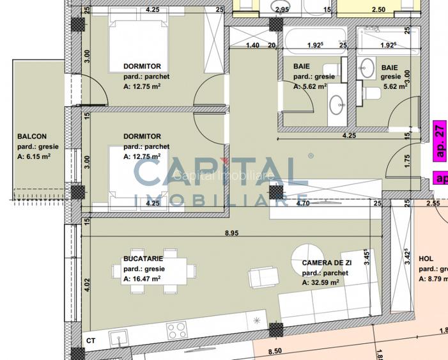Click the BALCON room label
pyautogui.click(x=31, y=136)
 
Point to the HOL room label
pyautogui.click(x=426, y=259)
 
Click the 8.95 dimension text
pyautogui.click(x=231, y=234)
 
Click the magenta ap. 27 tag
pyautogui.click(x=440, y=141)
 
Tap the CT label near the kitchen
pyautogui.click(x=91, y=341)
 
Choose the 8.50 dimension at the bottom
pyautogui.click(x=275, y=351)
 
